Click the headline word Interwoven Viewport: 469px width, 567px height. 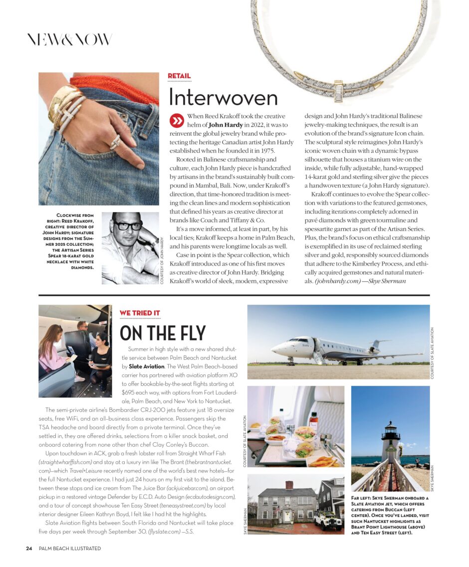pyautogui.click(x=223, y=97)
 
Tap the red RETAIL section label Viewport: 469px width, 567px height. pyautogui.click(x=179, y=76)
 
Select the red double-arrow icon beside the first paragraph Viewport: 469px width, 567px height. pyautogui.click(x=176, y=120)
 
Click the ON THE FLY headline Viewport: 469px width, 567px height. pyautogui.click(x=163, y=333)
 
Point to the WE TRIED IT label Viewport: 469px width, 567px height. pyautogui.click(x=140, y=313)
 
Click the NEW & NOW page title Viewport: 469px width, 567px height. pyautogui.click(x=69, y=40)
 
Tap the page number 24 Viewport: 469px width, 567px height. pyautogui.click(x=29, y=549)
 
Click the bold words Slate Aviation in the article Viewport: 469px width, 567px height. pyautogui.click(x=147, y=366)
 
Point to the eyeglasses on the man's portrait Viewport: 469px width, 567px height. pyautogui.click(x=127, y=226)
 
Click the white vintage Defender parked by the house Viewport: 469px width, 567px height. pyautogui.click(x=328, y=520)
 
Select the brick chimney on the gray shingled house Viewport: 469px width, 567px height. pyautogui.click(x=289, y=485)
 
